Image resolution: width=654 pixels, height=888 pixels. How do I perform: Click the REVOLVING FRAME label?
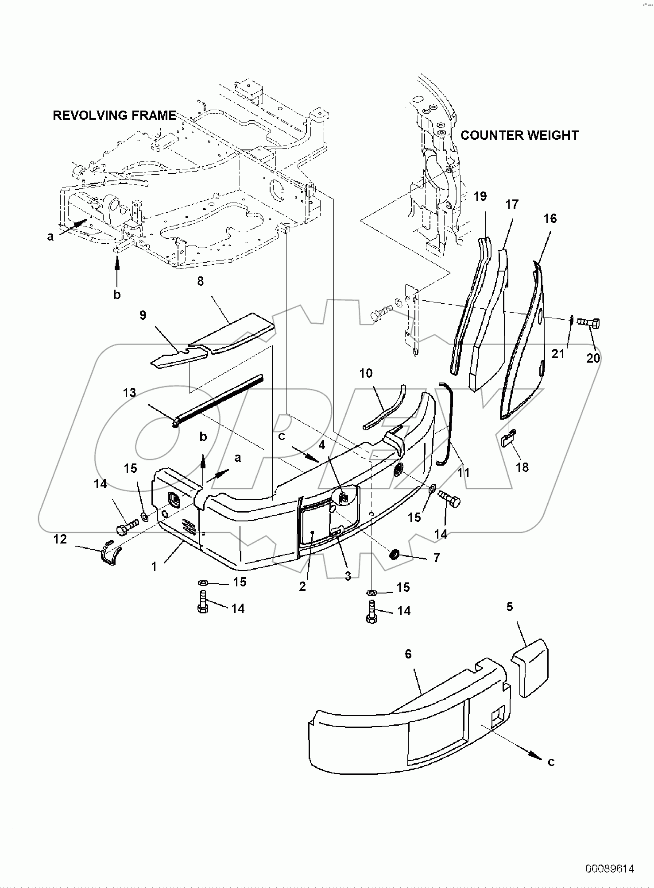click(114, 115)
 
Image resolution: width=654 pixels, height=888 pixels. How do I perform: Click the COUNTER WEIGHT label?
click(519, 135)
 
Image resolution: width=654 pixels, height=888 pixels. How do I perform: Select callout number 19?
click(480, 196)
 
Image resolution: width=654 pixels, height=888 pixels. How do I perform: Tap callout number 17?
click(512, 205)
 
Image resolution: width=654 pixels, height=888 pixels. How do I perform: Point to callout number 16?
click(550, 218)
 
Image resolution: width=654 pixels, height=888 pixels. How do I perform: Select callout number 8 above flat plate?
click(200, 281)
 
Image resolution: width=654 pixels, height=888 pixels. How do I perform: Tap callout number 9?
click(143, 315)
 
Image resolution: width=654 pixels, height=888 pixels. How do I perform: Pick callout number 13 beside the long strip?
click(130, 392)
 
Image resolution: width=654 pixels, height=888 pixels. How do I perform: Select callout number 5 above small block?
click(510, 607)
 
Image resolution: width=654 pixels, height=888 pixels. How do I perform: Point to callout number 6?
click(408, 654)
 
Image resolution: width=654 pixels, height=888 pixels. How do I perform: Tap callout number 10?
click(366, 373)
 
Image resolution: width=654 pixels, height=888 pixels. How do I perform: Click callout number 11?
click(463, 473)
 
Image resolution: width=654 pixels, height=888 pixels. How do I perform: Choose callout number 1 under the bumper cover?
click(154, 566)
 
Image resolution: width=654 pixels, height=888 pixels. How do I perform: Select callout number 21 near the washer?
click(558, 353)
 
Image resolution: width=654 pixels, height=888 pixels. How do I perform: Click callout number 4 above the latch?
click(322, 444)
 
